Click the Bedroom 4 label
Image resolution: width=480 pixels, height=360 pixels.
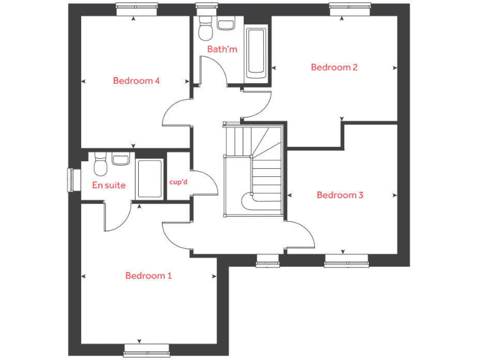(x=136, y=81)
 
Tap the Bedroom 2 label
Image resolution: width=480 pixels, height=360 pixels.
(x=334, y=67)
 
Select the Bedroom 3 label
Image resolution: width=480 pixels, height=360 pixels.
(x=340, y=195)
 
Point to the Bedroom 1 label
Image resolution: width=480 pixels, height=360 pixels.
(x=148, y=276)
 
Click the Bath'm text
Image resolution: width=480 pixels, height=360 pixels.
(x=222, y=49)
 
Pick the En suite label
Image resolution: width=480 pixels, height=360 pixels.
(x=109, y=185)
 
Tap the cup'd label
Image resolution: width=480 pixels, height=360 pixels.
(x=179, y=182)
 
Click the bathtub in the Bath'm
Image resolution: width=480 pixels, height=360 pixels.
(x=256, y=52)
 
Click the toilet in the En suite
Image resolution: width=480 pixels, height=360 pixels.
(x=99, y=166)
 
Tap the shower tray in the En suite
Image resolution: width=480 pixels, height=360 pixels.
(x=150, y=179)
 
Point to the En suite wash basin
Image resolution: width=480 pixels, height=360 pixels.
(x=121, y=159)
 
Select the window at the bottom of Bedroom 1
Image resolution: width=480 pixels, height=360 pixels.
(x=147, y=349)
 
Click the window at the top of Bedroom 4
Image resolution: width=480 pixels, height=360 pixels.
(x=134, y=9)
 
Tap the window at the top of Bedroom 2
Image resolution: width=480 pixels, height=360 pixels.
(x=350, y=9)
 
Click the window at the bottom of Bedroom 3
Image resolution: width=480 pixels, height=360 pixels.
(x=346, y=260)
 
